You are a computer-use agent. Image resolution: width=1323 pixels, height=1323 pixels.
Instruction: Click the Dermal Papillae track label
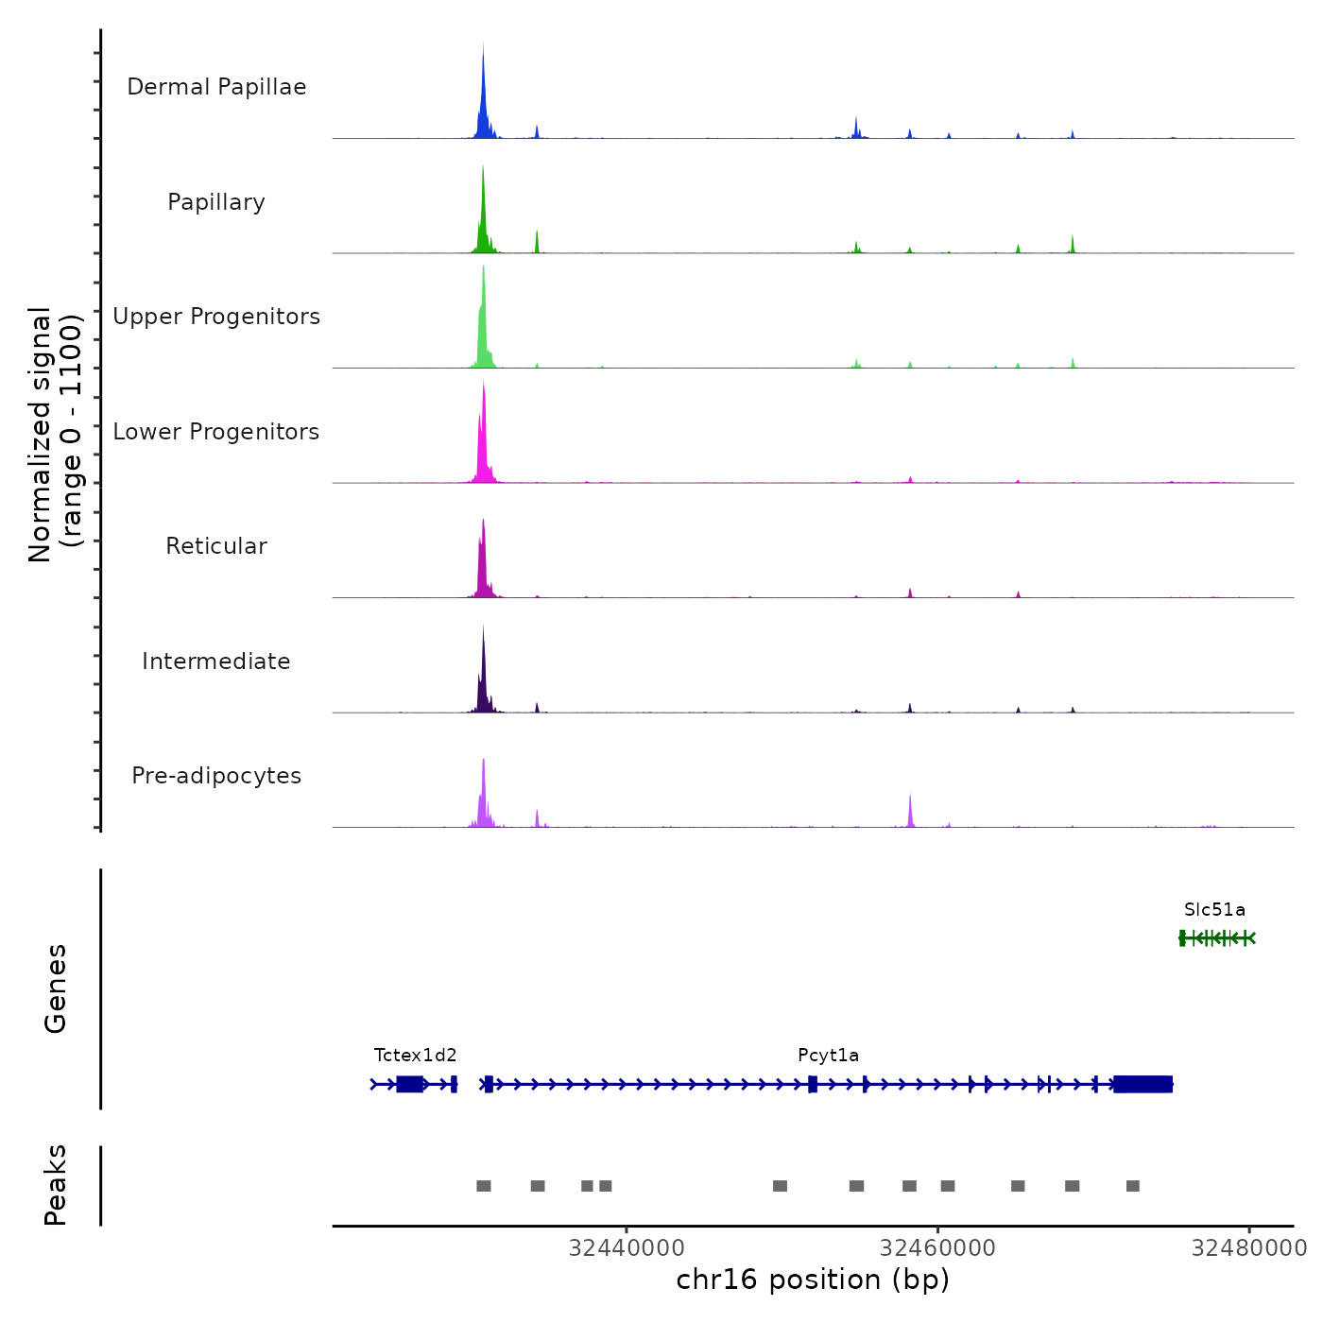coord(216,87)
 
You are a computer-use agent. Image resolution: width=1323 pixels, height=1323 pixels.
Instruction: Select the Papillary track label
coord(216,202)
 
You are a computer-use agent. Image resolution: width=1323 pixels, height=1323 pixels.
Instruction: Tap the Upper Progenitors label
coord(216,317)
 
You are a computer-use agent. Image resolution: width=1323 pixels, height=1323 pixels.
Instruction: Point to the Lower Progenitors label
coord(216,432)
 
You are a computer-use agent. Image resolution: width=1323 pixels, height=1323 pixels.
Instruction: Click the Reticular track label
coord(216,546)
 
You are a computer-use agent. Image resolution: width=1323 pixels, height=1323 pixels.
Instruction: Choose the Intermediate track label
coord(216,661)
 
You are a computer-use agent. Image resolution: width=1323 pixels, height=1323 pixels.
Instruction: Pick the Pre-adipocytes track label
coord(216,776)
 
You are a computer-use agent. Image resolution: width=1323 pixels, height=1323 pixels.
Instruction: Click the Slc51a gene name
coord(1214,910)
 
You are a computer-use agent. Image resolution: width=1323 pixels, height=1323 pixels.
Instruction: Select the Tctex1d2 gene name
coord(415,1056)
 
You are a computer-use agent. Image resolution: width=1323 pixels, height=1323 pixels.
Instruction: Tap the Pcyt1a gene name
coord(828,1056)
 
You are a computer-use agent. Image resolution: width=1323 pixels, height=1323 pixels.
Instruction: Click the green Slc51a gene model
coord(1217,937)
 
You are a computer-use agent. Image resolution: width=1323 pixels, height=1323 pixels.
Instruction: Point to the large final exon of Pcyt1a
coord(1143,1084)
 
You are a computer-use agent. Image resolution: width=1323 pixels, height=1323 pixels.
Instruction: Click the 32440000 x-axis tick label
coord(627,1248)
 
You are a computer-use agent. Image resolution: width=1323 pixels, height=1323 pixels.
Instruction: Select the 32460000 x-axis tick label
coord(937,1248)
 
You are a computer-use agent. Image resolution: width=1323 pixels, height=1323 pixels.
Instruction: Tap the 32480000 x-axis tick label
coord(1249,1248)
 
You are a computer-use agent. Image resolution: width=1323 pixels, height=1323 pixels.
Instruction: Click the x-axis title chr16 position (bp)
coord(813,1280)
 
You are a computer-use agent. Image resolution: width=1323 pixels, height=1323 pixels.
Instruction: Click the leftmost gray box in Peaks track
coord(484,1186)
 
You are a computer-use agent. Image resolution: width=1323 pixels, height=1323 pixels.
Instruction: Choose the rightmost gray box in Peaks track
coord(1133,1186)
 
